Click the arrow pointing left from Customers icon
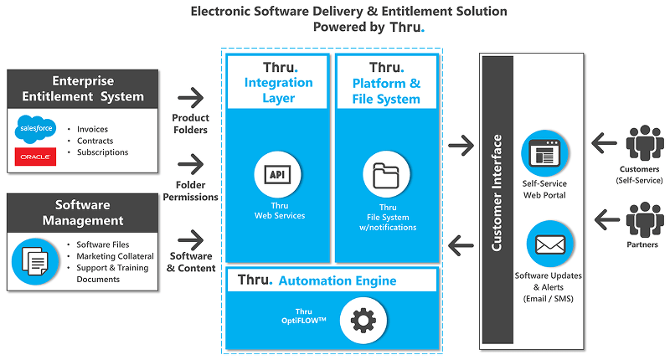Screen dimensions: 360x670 pyautogui.click(x=604, y=144)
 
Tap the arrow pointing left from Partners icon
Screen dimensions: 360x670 pyautogui.click(x=604, y=220)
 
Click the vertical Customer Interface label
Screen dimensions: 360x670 pyautogui.click(x=497, y=193)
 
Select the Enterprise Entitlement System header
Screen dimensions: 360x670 pyautogui.click(x=82, y=89)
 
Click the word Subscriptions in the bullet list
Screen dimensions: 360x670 pyautogui.click(x=102, y=152)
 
